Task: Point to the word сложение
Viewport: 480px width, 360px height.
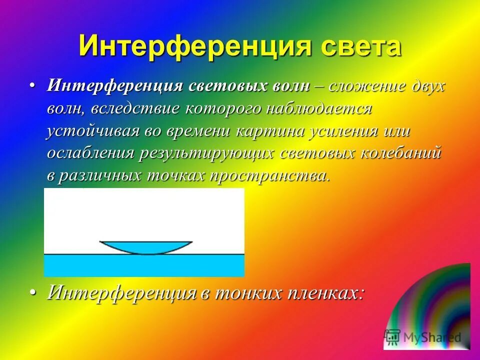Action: point(363,85)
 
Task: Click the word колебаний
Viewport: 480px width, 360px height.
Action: point(400,153)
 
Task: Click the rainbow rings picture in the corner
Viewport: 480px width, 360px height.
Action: point(435,300)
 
